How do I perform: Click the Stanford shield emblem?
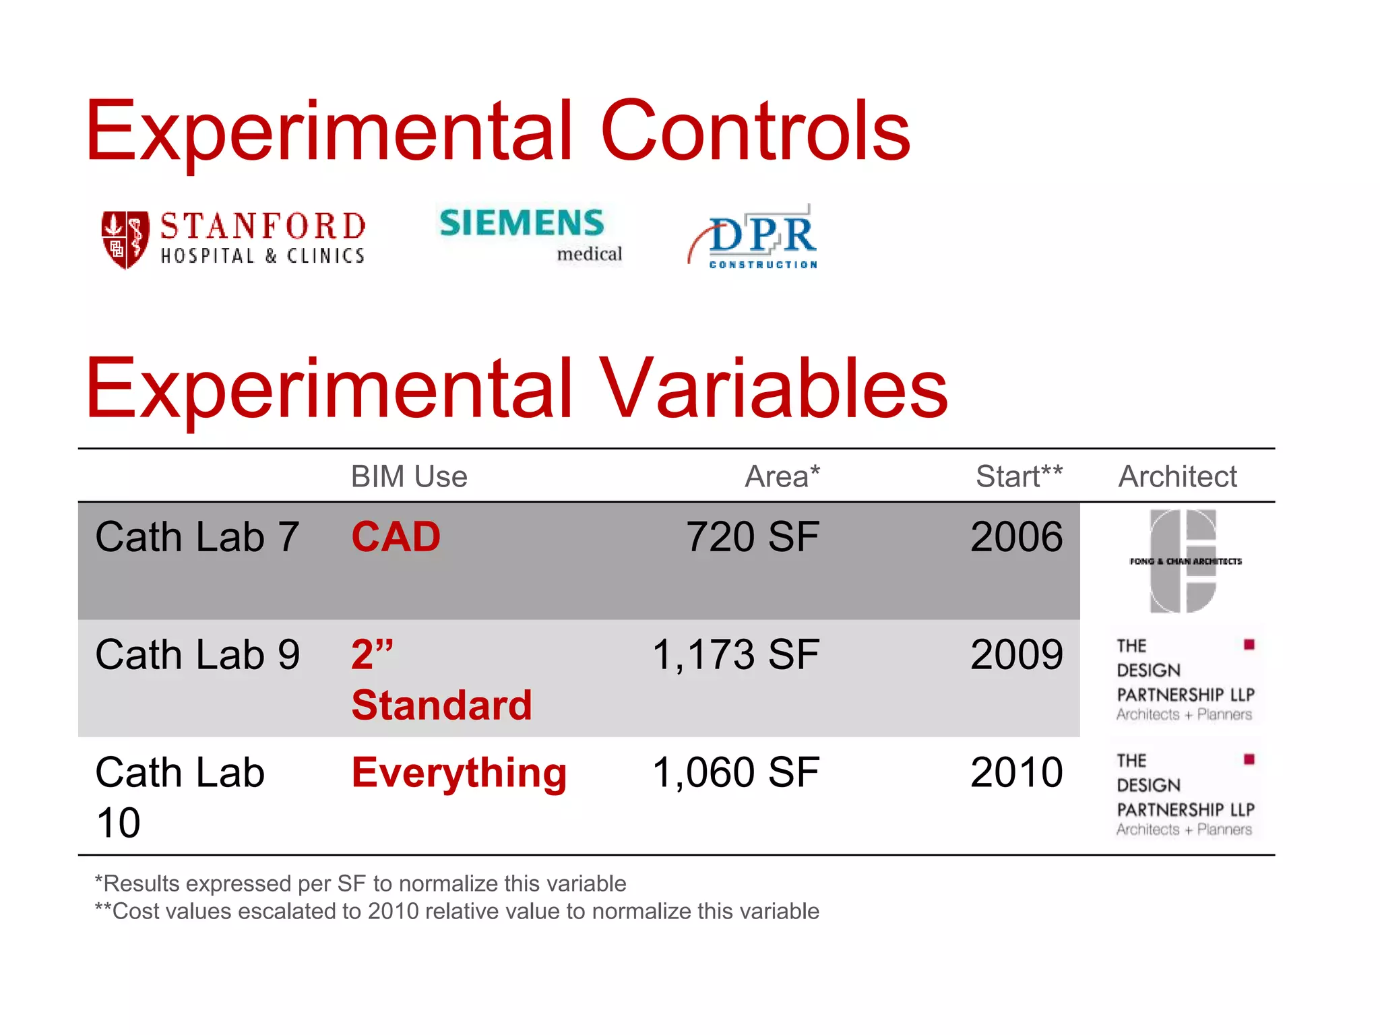point(125,239)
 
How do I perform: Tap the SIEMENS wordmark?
point(522,223)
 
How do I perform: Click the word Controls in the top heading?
point(755,131)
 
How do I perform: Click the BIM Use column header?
point(408,476)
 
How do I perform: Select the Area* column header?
point(782,476)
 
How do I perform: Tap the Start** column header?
point(1019,476)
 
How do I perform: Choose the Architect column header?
point(1177,476)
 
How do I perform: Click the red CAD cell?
point(396,537)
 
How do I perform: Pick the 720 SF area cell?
point(752,537)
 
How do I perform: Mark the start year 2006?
point(1016,537)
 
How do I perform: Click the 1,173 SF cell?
point(736,654)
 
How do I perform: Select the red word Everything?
point(459,772)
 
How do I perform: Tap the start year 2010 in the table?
point(1016,772)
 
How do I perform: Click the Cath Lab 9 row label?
point(197,654)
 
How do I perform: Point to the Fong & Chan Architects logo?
point(1184,561)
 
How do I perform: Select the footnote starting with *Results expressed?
point(360,883)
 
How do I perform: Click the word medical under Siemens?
point(589,254)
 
